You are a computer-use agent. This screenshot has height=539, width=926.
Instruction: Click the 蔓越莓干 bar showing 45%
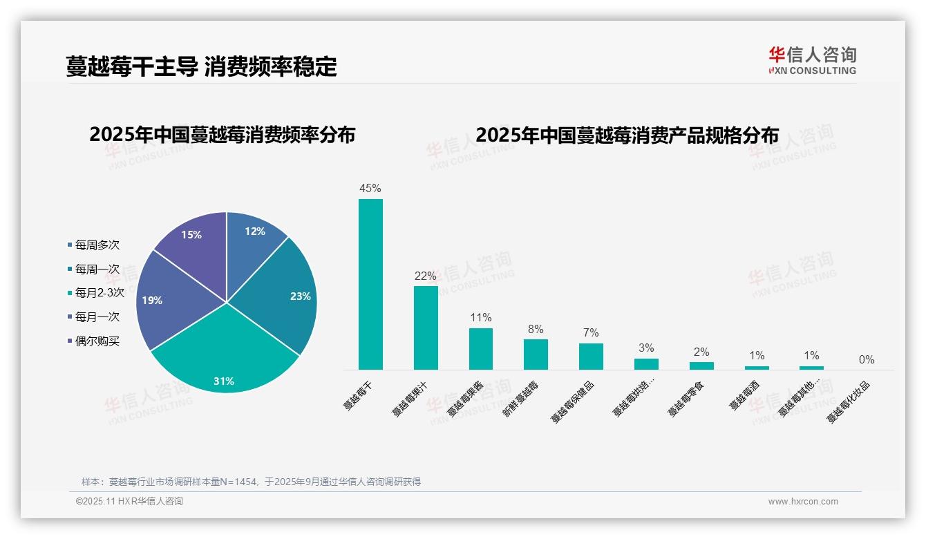click(x=370, y=284)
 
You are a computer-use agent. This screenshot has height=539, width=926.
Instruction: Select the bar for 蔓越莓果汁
click(x=426, y=328)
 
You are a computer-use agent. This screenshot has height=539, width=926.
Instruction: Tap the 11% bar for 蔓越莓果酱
click(x=481, y=349)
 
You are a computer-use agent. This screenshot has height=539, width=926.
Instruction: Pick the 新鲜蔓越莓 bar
click(x=536, y=354)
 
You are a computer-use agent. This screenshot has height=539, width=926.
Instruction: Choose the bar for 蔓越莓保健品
click(x=591, y=357)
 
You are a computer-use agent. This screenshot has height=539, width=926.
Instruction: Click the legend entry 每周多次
click(x=97, y=245)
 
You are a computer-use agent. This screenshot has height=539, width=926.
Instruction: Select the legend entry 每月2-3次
click(x=100, y=293)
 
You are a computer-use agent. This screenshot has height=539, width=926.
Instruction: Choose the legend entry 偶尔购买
click(x=97, y=341)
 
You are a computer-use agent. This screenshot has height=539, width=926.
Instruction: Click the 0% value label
click(x=867, y=360)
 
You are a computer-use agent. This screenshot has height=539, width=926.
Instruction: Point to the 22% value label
click(x=426, y=276)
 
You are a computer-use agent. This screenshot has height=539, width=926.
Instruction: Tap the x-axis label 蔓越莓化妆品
click(x=849, y=402)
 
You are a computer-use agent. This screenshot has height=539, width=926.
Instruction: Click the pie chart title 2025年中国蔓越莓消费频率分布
click(x=222, y=135)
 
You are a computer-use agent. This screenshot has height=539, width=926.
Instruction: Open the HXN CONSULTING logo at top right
click(x=812, y=60)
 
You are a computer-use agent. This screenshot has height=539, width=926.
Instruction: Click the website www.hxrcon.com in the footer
click(x=803, y=502)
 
